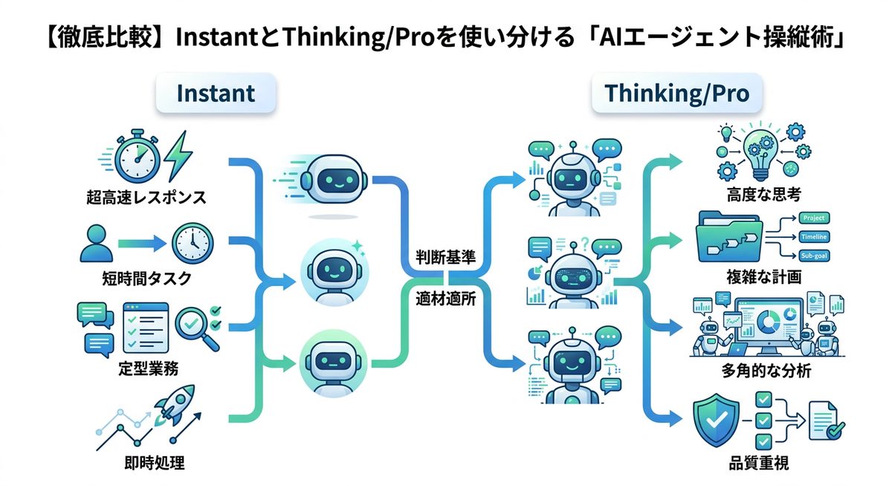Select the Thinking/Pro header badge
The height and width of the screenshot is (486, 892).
676,94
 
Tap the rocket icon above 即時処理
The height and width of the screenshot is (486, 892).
173,406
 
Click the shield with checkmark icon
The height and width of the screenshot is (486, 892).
716,420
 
